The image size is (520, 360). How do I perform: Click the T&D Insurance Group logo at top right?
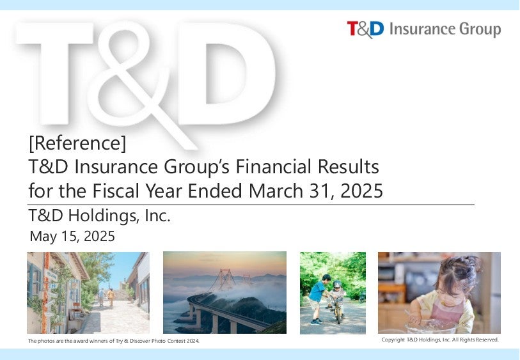coord(424,29)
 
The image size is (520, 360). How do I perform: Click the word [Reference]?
coord(77,143)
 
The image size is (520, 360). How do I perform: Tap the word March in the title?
coord(276,191)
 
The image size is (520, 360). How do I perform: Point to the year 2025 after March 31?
coord(361,191)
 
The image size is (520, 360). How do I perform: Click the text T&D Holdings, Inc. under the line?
coord(100,215)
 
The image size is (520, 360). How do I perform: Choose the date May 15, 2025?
coord(72,237)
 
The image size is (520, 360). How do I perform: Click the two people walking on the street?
coord(106,297)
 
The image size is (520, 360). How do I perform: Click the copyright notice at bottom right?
coord(440,340)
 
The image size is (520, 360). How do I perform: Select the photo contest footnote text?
coord(114,341)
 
